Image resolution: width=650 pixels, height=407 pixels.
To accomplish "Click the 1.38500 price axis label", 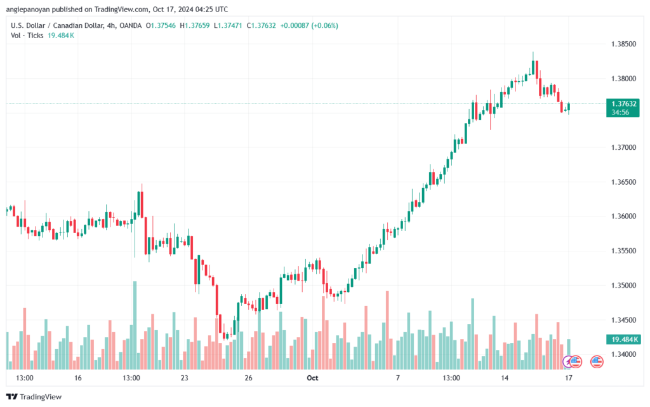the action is click(x=623, y=44).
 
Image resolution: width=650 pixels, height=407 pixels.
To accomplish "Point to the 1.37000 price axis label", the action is click(x=623, y=147).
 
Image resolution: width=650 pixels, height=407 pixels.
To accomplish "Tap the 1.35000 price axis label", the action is click(x=623, y=286).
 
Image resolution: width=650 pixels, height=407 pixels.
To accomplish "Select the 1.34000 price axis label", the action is click(x=623, y=354).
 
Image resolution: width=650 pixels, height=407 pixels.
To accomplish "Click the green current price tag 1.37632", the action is click(x=623, y=108).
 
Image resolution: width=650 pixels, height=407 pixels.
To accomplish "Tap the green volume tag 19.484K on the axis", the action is click(x=623, y=340).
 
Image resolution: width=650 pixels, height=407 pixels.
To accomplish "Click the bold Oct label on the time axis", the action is click(x=312, y=378).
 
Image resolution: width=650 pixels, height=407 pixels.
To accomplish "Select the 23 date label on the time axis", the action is click(x=185, y=378).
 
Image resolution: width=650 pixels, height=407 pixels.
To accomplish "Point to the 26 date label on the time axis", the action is click(x=248, y=378).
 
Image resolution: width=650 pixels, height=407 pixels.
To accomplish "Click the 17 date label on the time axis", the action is click(x=569, y=378).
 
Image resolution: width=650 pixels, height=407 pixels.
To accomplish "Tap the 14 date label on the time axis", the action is click(x=505, y=378).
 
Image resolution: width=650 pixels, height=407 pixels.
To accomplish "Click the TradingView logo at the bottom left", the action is click(x=34, y=397).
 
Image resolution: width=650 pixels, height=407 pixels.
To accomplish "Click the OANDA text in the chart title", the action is click(x=130, y=25).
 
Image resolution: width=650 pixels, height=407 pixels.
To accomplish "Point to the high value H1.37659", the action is click(x=194, y=25).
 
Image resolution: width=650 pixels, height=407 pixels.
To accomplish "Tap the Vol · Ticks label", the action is click(x=27, y=36).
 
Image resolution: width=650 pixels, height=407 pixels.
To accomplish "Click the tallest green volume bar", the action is click(x=135, y=325).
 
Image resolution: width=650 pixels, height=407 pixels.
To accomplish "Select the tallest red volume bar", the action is click(x=387, y=330).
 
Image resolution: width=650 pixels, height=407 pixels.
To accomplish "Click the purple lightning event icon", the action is click(x=567, y=362).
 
